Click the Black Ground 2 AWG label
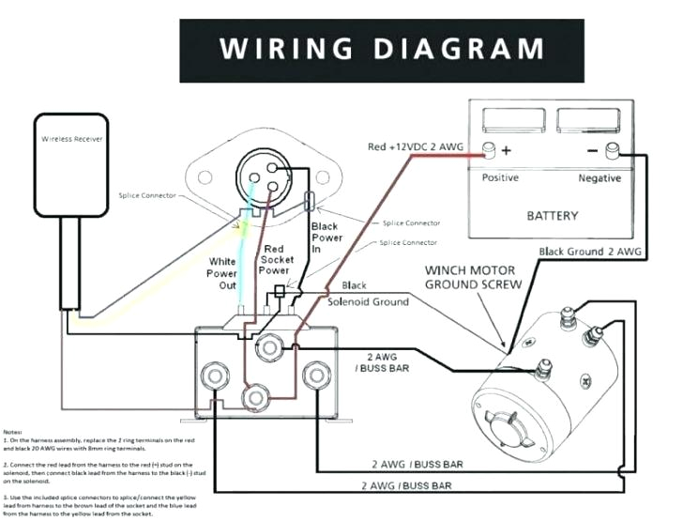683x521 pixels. (590, 252)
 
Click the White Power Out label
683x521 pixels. (221, 272)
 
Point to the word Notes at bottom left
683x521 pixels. (14, 431)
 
